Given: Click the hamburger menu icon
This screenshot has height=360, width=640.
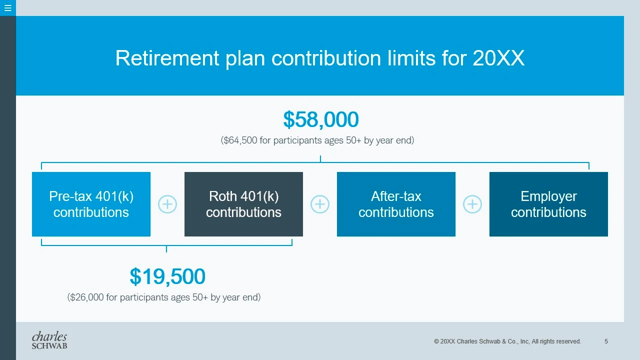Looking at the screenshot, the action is [7, 7].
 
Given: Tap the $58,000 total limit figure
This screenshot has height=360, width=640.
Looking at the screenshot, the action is [321, 119].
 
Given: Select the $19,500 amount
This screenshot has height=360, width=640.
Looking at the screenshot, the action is [167, 276].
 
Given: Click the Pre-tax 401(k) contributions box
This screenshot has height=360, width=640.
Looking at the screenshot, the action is [91, 204].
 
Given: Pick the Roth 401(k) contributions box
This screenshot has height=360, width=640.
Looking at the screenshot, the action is [243, 204].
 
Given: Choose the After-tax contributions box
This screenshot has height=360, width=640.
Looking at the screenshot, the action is [396, 204].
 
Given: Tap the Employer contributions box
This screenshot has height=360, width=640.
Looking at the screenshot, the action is [548, 204].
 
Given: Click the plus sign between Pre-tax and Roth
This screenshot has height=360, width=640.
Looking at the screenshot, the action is [167, 204].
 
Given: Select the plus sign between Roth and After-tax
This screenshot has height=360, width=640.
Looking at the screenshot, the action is [320, 204].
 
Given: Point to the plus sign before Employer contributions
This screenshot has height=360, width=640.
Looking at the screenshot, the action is [472, 204].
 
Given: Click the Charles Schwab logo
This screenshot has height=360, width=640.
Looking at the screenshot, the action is [49, 340].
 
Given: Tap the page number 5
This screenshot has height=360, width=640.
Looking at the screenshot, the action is [606, 341].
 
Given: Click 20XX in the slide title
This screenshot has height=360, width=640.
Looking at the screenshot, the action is [498, 58].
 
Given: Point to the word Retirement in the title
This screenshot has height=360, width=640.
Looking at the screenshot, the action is [167, 58].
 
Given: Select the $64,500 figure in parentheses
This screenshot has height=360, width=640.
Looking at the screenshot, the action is [239, 140].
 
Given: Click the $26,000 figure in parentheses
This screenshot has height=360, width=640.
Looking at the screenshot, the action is [85, 297].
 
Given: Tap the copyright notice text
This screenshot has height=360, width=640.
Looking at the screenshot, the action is [507, 341].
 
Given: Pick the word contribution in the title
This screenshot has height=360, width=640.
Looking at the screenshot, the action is [326, 58].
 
